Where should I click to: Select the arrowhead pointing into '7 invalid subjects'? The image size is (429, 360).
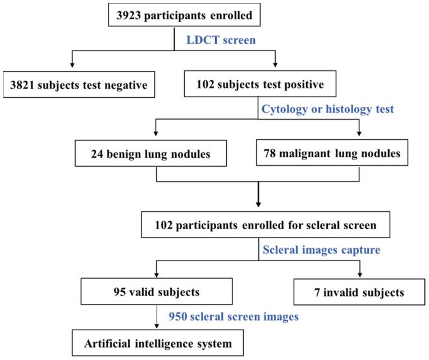[360, 275]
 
